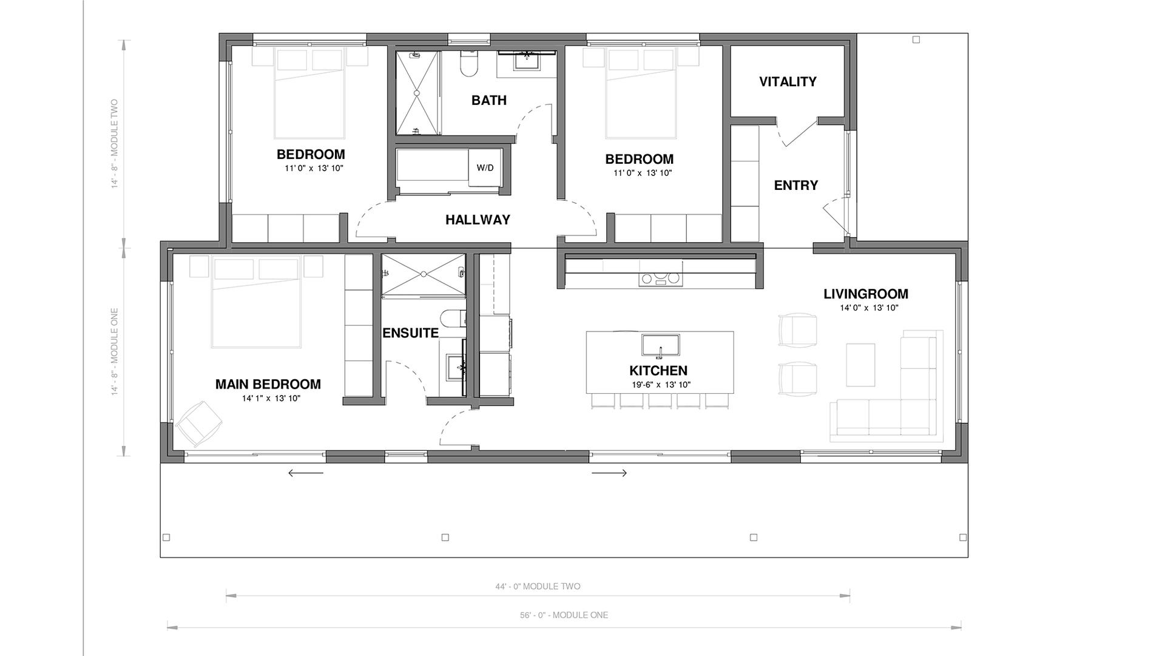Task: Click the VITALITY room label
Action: coord(788,82)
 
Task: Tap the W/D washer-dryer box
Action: coord(485,167)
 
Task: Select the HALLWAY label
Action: coord(478,220)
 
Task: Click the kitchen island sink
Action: coord(661,345)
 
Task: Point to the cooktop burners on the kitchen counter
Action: coord(660,279)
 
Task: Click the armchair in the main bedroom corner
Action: coord(199,422)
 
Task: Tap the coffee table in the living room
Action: coord(860,365)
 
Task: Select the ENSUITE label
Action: coord(410,333)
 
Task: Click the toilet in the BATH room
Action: coord(470,63)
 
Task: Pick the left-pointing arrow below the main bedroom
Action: coord(306,473)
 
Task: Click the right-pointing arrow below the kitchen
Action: coord(609,473)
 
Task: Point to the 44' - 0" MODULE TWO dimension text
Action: coord(538,587)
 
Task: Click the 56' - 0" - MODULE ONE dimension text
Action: coord(564,615)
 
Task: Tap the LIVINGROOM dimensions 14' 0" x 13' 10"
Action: coord(869,308)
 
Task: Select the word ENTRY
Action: coord(796,186)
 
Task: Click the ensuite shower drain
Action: coord(424,274)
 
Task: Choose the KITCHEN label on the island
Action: coord(658,371)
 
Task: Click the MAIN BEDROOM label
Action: coord(268,384)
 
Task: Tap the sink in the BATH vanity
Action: coord(527,61)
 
